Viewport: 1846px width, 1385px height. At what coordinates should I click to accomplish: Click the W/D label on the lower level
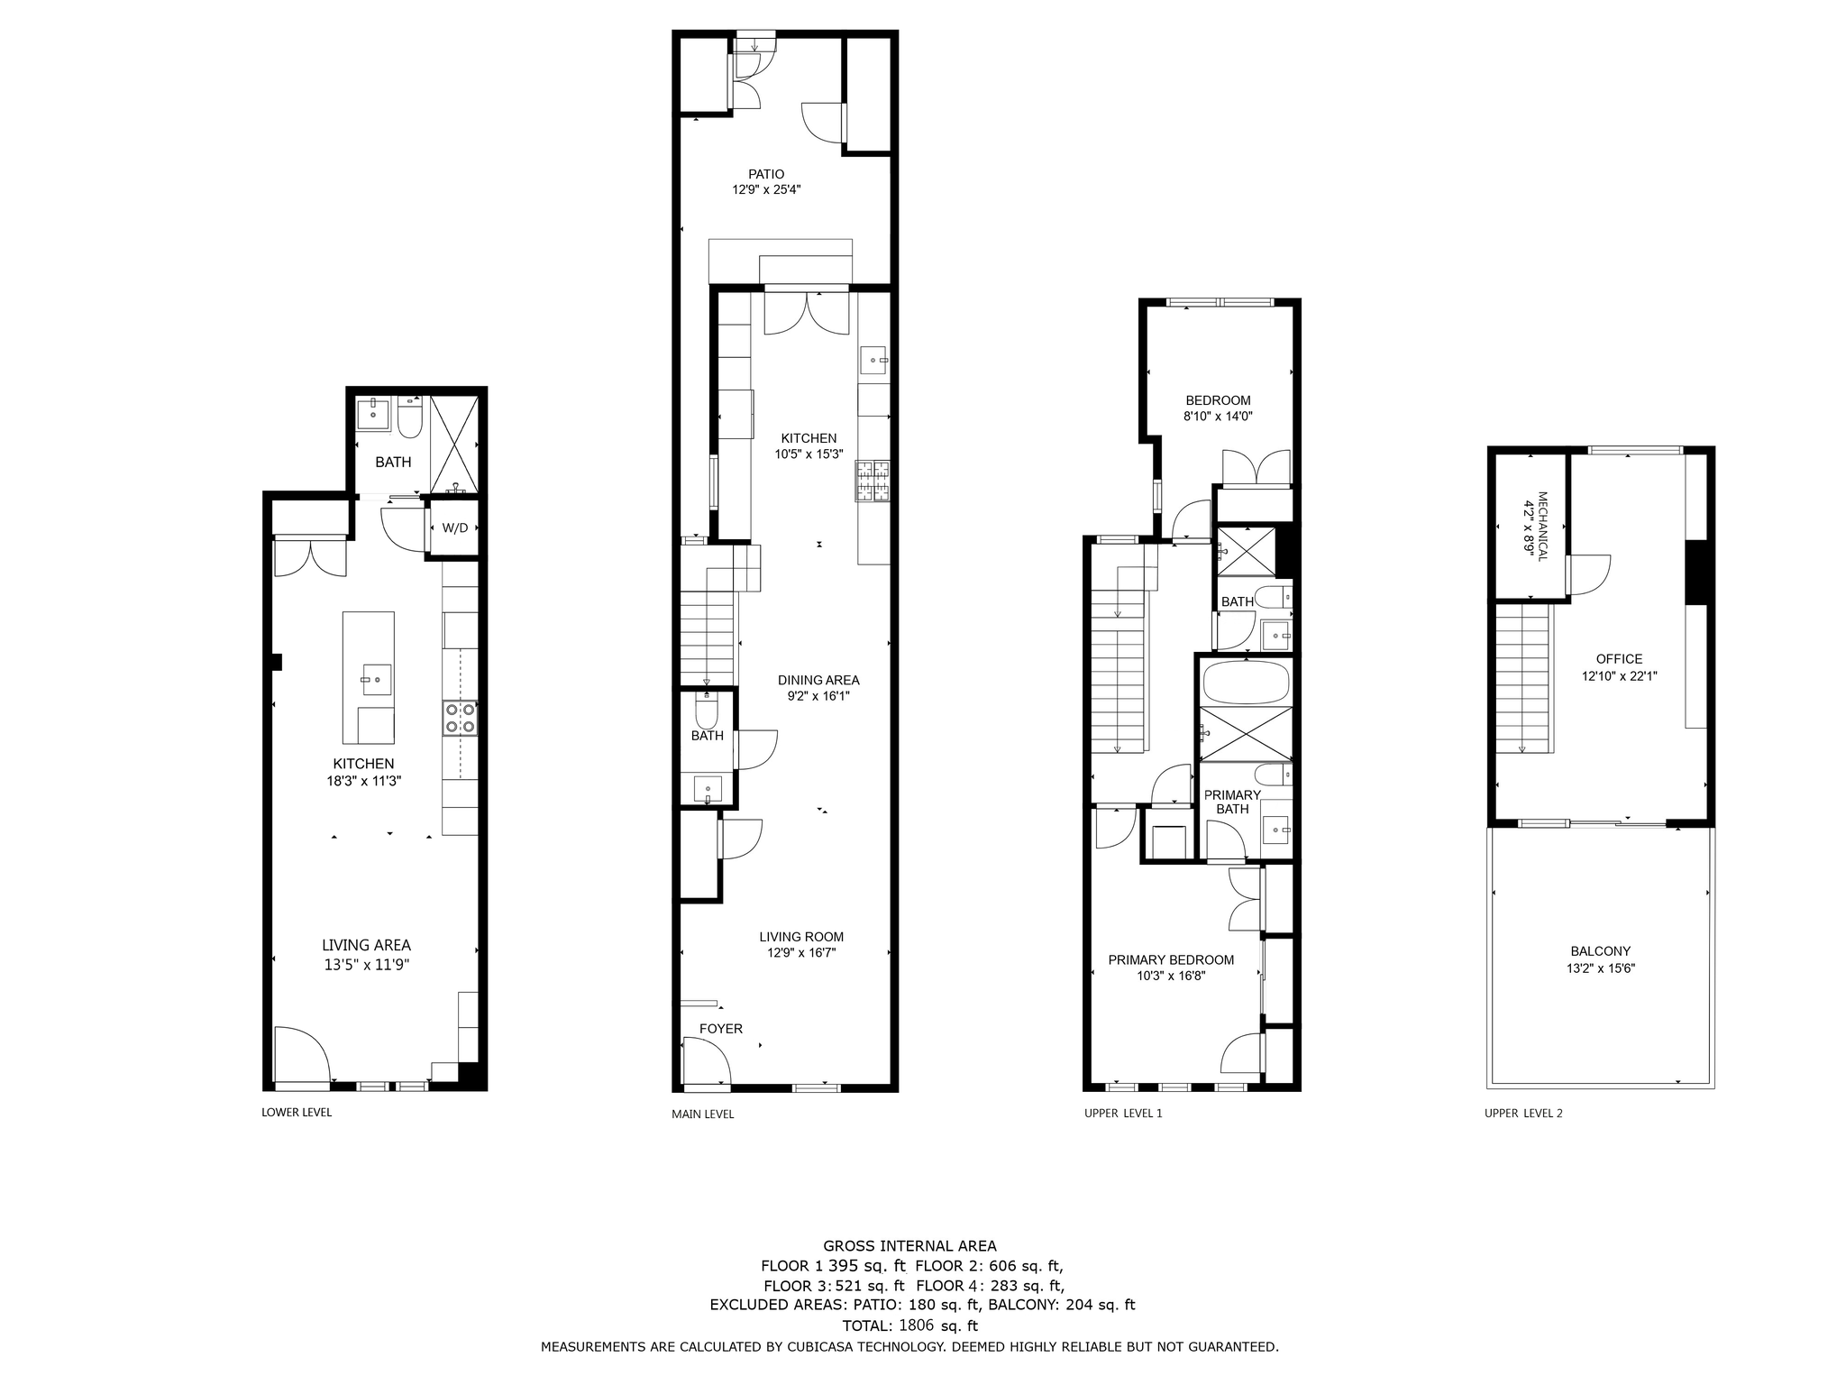coord(455,527)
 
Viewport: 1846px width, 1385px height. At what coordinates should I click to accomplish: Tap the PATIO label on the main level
coord(766,174)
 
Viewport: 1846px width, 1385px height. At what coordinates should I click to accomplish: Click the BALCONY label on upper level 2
coord(1600,950)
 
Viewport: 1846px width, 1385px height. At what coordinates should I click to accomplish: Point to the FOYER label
coord(721,1029)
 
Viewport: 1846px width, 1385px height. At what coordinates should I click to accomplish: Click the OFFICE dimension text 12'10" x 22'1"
coord(1620,675)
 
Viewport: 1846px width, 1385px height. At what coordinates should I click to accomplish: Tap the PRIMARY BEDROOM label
coord(1171,959)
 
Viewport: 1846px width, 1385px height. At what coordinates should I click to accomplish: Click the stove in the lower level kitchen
coord(460,718)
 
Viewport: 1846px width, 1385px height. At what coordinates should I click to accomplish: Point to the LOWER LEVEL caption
coord(297,1113)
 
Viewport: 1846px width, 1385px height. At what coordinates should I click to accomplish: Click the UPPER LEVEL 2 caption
coord(1523,1114)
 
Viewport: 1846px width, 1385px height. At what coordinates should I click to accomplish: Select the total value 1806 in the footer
coord(917,1325)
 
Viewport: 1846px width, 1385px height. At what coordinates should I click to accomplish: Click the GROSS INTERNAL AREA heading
coord(909,1246)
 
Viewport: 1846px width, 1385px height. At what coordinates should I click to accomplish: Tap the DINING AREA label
coord(818,680)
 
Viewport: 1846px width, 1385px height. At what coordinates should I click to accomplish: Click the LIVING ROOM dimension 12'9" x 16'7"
coord(801,952)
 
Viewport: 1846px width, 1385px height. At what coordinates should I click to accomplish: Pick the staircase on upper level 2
coord(1523,678)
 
